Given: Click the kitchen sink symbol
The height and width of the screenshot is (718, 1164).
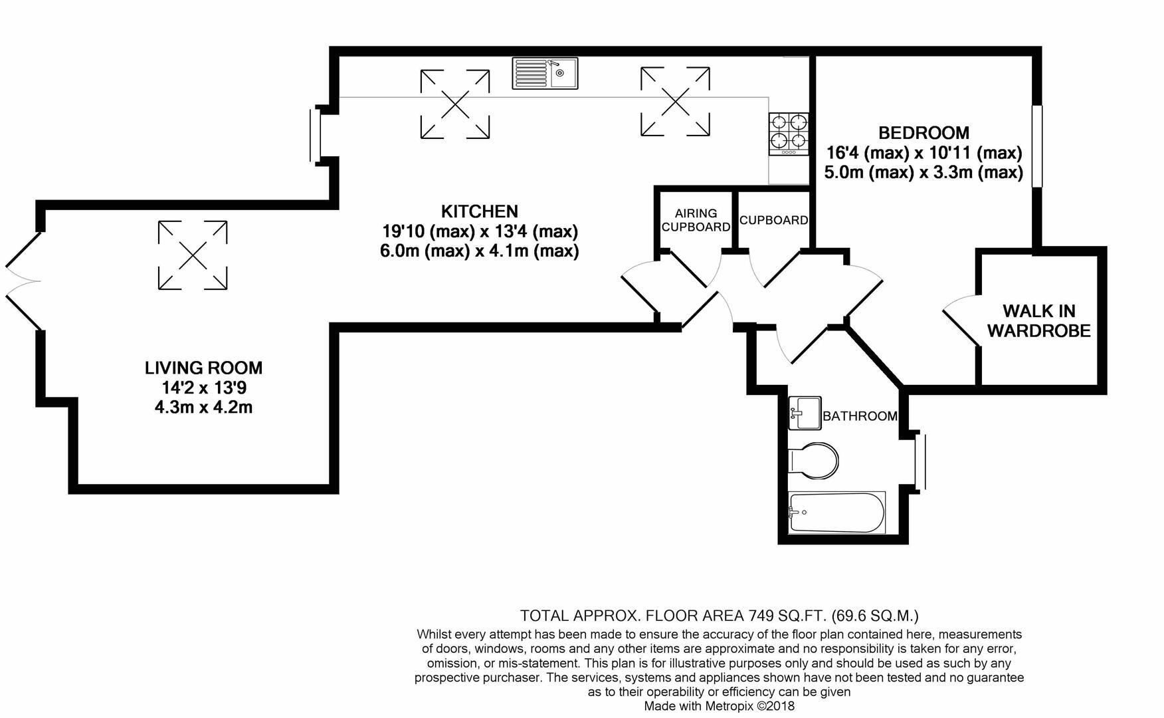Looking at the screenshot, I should point(545,73).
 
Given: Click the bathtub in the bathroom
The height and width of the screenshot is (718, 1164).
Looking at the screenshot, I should point(836,513).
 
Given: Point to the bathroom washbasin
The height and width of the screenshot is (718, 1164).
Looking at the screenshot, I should point(805,413).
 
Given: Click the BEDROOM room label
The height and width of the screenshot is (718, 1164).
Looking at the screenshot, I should point(923,132).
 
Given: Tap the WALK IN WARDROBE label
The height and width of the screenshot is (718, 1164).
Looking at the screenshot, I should point(1038,320).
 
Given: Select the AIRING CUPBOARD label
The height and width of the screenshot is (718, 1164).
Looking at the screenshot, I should point(696,220).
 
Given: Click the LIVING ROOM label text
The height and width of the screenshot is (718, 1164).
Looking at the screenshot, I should point(203,368).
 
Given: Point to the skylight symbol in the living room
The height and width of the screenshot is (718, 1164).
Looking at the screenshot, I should point(193,255).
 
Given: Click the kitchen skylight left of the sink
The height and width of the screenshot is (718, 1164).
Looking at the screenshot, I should point(455,104).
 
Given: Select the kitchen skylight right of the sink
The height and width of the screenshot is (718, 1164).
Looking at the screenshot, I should point(675,102).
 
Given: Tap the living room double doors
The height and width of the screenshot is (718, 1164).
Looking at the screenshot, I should point(23,281).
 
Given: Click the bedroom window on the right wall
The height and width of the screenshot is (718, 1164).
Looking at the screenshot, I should point(1036,146).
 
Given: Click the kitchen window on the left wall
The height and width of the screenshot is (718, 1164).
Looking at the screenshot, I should point(314,136).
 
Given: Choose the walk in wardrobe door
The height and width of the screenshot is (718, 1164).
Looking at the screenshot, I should point(960,320).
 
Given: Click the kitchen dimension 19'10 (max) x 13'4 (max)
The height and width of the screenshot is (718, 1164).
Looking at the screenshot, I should point(480,231).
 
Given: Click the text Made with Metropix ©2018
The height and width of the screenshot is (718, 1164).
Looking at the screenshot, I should point(719,706).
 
